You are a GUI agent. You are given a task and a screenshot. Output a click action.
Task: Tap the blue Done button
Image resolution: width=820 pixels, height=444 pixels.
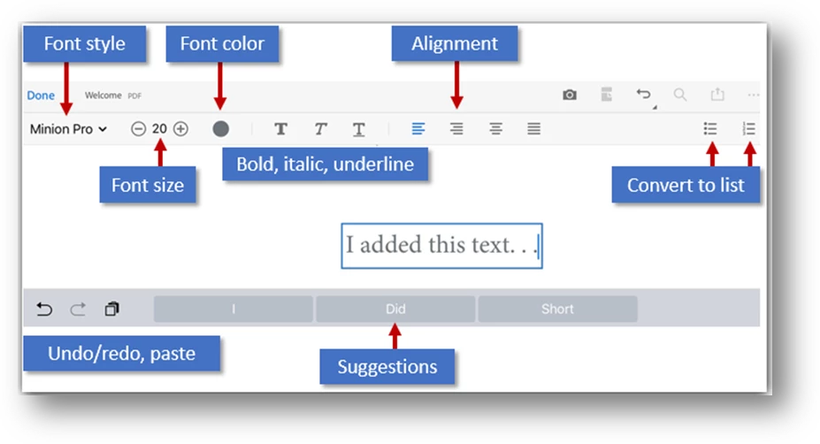coord(41,96)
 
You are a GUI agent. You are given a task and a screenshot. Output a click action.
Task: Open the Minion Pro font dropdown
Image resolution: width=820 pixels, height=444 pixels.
coord(68,128)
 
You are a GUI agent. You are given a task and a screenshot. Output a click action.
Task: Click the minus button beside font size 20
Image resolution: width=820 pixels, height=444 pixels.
coord(138,128)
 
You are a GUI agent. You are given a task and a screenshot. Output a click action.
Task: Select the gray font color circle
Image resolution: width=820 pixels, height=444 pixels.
coord(220,128)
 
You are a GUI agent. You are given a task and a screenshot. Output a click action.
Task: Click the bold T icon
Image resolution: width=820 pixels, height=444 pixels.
coord(280,128)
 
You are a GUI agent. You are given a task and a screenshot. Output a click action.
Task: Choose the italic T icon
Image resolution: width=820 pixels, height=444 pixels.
coord(320,128)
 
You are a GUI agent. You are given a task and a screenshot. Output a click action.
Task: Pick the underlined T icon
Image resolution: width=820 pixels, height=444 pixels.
coord(359,129)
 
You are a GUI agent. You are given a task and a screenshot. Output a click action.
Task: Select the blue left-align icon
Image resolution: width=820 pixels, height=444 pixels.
coord(418,128)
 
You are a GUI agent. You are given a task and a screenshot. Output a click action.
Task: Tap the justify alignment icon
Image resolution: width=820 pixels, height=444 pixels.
coord(533,128)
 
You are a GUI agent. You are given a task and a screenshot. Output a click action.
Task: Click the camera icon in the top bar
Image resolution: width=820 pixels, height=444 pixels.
coord(570,95)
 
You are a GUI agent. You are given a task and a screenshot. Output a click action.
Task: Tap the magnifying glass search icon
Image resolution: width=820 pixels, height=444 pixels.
coord(680,95)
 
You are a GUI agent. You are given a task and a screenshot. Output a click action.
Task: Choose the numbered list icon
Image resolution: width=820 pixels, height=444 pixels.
coord(749,128)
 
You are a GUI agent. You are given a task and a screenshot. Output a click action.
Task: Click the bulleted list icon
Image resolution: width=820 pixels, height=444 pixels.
coord(710,128)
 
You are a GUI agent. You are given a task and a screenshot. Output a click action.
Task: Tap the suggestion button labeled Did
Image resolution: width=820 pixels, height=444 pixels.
coord(395,309)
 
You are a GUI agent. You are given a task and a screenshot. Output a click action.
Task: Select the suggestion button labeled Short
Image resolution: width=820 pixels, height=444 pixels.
coord(557,309)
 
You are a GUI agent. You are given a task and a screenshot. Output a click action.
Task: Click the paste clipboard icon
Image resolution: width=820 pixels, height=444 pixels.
coord(112,309)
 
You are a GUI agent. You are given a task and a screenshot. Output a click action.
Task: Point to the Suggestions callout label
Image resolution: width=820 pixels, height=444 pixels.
coord(387,366)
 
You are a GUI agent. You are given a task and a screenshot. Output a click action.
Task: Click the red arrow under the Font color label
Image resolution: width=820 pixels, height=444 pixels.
coord(220,86)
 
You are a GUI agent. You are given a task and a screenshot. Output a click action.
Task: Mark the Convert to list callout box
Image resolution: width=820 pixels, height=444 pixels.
coord(686,185)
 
